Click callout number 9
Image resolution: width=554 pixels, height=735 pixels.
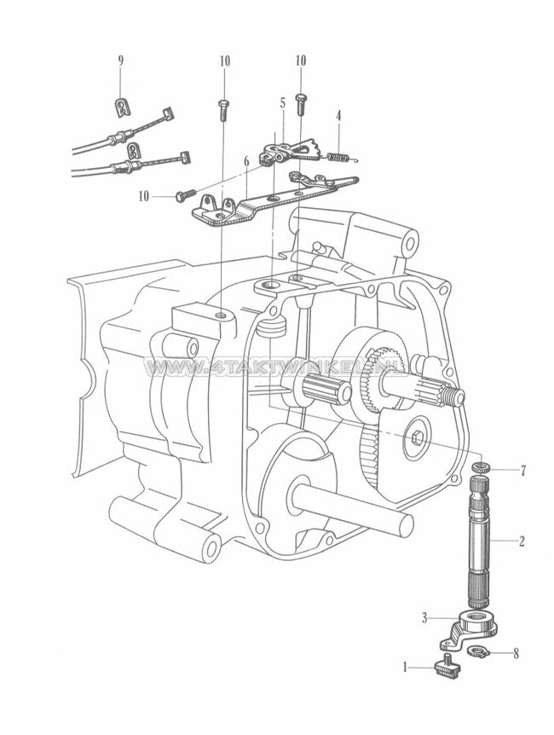(x=120, y=61)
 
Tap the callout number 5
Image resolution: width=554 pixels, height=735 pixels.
(x=281, y=102)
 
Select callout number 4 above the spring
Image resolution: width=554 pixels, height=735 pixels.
(x=338, y=115)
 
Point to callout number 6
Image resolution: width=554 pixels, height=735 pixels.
(x=245, y=160)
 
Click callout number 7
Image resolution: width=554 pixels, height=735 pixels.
(x=524, y=470)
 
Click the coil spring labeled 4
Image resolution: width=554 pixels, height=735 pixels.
(x=338, y=154)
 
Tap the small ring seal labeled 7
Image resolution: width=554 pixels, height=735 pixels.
(x=482, y=468)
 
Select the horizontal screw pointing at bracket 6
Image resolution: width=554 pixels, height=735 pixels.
(x=188, y=195)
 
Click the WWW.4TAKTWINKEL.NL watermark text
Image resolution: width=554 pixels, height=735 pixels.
(x=276, y=368)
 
